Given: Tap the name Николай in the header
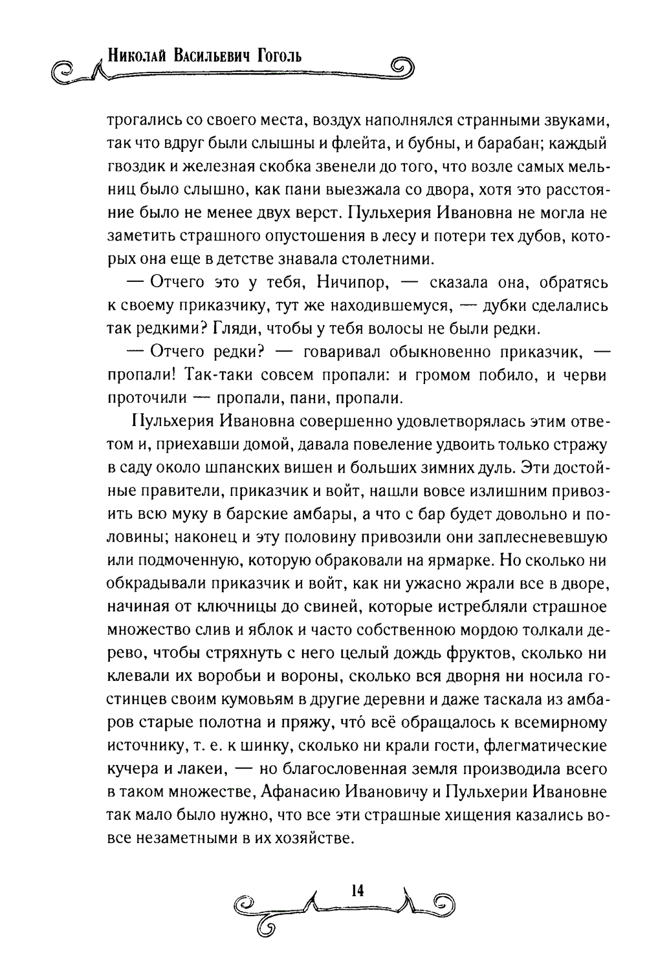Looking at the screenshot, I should point(132,56).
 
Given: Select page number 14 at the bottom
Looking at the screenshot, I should point(356,890).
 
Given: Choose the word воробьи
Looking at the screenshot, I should point(230,676).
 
